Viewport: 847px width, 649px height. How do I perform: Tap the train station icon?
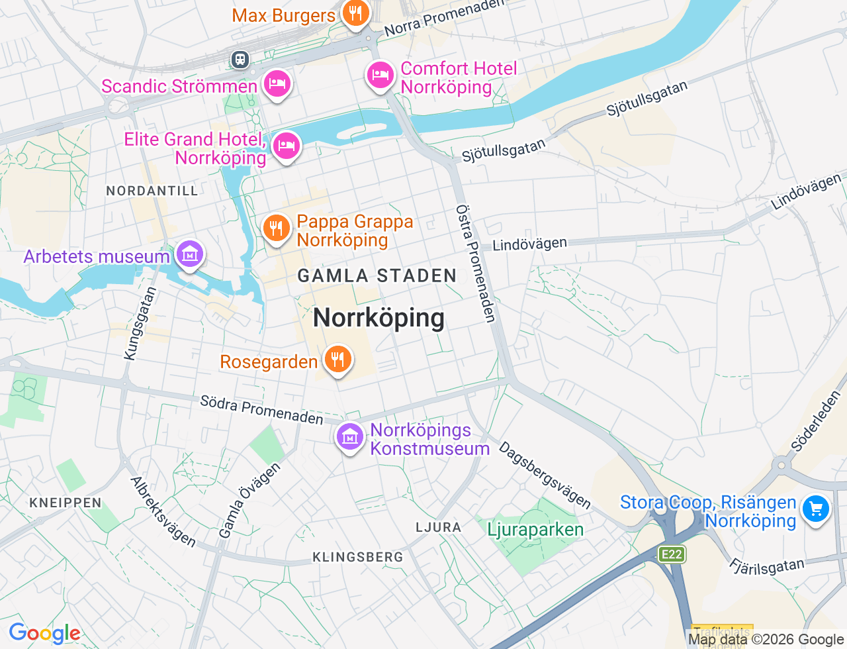(240, 60)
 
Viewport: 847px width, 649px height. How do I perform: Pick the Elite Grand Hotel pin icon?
(286, 146)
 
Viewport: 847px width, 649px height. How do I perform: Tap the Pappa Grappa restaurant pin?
(276, 228)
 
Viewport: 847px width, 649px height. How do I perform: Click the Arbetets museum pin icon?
(190, 254)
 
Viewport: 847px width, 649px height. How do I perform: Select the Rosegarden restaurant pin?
(337, 360)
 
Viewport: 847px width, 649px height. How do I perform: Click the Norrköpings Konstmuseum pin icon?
(349, 438)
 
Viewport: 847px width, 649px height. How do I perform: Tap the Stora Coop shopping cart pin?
(815, 510)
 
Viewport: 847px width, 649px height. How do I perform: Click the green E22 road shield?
(672, 554)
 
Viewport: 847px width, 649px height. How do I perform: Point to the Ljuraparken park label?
(535, 530)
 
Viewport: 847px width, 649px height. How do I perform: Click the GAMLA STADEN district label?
(377, 275)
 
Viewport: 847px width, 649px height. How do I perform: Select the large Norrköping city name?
(379, 318)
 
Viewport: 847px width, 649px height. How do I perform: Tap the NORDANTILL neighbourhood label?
(152, 191)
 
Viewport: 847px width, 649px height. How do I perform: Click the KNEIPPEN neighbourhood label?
(66, 503)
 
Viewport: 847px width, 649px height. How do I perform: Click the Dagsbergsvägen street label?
(545, 474)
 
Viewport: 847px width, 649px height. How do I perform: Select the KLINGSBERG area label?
(357, 557)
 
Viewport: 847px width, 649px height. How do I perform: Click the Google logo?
(44, 634)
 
